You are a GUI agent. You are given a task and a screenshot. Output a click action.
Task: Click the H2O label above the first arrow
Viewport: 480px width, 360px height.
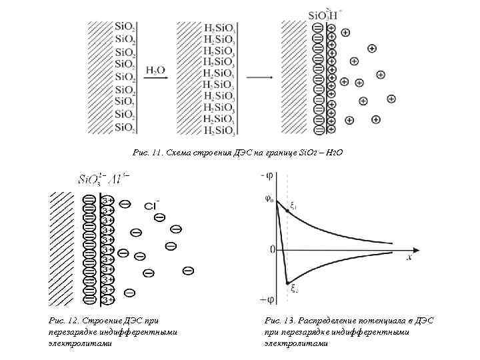click(156, 69)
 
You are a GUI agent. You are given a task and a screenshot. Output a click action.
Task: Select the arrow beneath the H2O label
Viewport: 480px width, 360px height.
click(157, 79)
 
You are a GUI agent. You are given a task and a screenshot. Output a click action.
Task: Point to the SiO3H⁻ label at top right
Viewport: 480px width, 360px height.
click(325, 14)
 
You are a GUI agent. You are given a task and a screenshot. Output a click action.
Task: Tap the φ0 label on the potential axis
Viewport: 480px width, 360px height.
click(269, 198)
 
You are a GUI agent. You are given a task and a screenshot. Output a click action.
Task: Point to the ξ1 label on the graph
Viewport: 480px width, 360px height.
click(294, 206)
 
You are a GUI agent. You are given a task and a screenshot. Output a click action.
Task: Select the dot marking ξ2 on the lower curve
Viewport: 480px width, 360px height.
click(287, 281)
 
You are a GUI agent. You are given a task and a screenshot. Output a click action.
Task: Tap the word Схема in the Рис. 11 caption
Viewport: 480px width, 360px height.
click(181, 153)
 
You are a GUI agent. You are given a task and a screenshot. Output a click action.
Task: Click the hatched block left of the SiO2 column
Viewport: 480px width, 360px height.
click(99, 77)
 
